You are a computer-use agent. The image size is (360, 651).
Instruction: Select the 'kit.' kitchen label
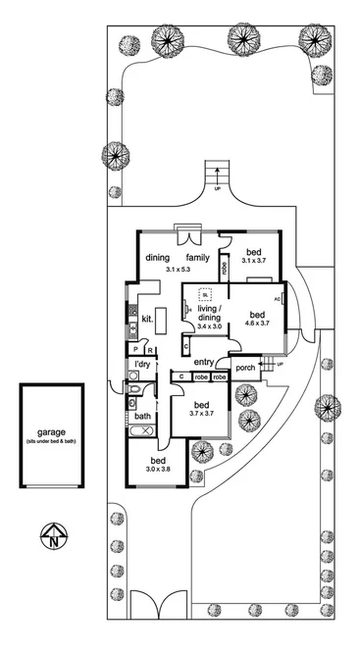pyautogui.click(x=146, y=319)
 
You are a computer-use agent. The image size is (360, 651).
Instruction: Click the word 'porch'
pyautogui.click(x=245, y=368)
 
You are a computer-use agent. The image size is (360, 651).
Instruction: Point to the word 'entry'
pyautogui.click(x=203, y=362)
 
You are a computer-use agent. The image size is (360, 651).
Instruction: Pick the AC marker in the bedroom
pyautogui.click(x=278, y=298)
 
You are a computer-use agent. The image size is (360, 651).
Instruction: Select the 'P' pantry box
pyautogui.click(x=134, y=349)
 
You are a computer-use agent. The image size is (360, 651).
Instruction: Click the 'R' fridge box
pyautogui.click(x=148, y=349)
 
